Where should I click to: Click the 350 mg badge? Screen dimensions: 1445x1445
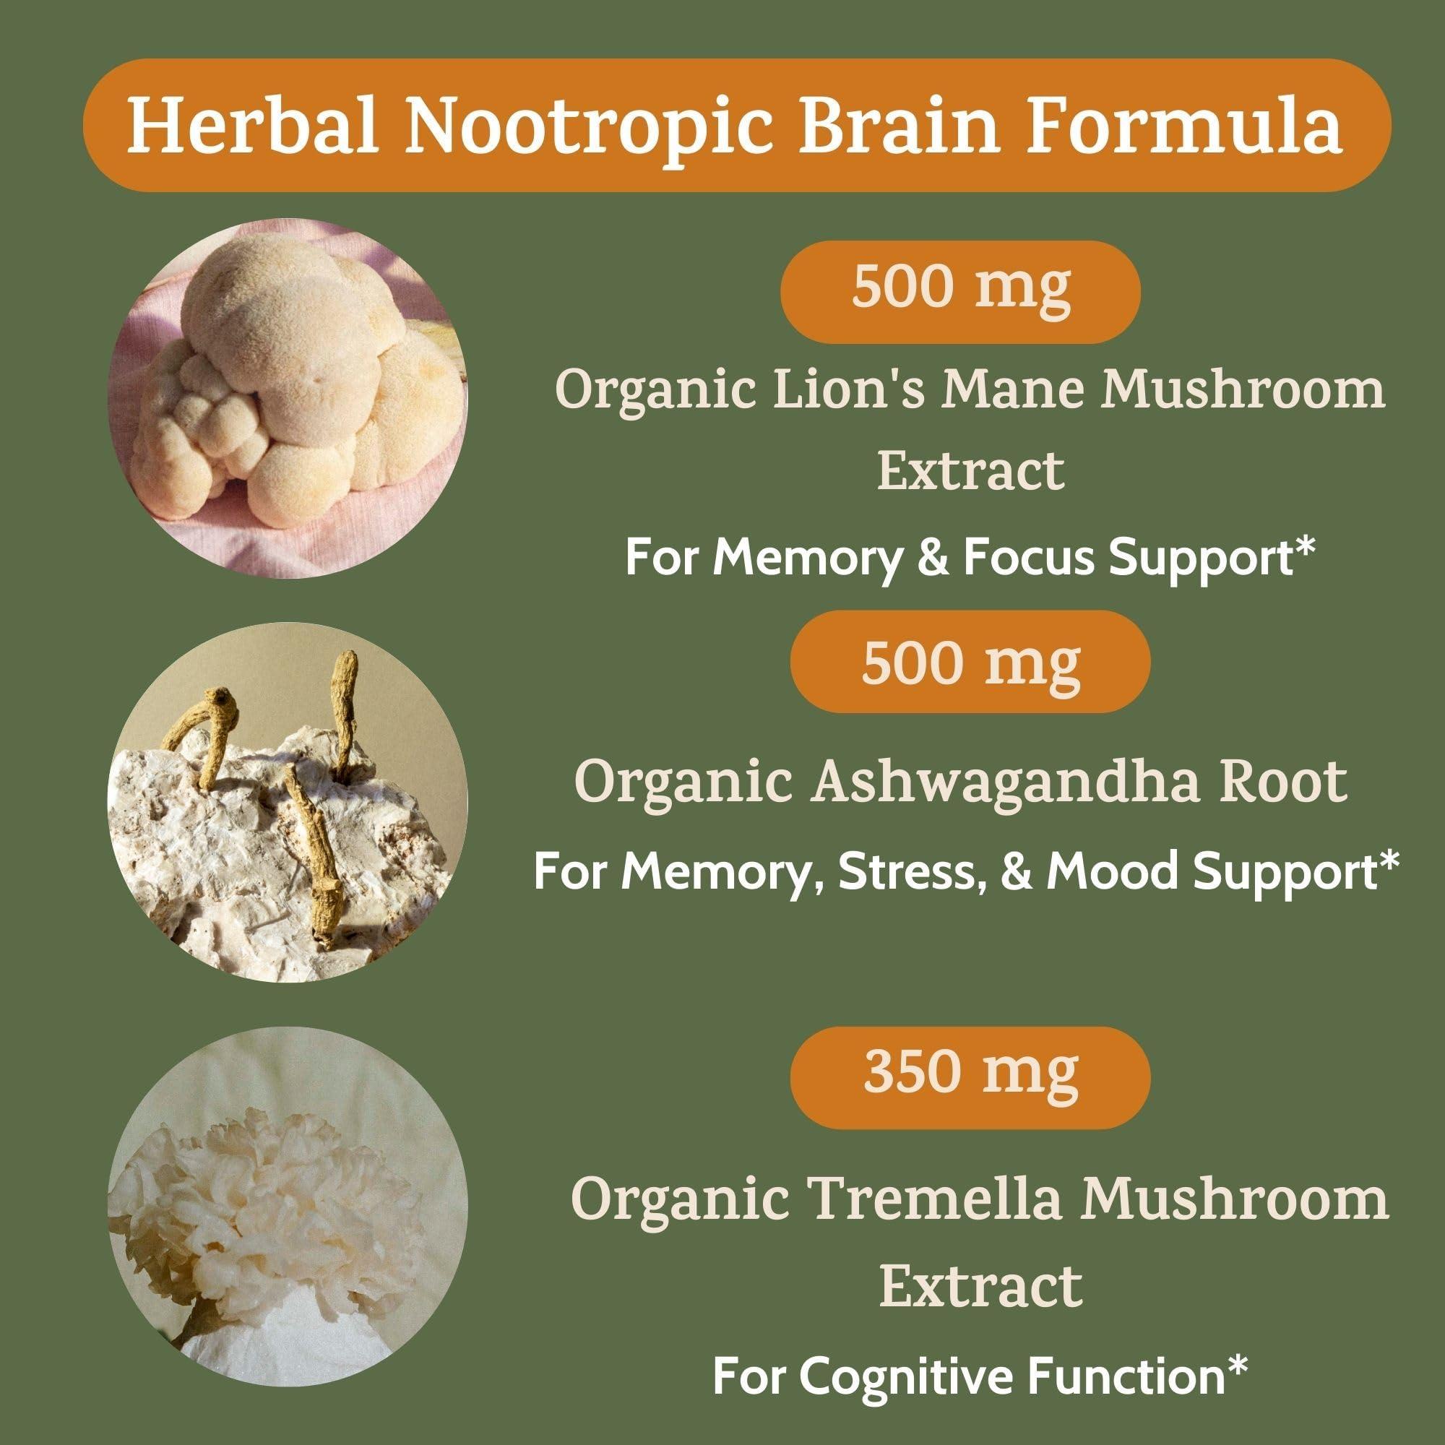click(970, 1074)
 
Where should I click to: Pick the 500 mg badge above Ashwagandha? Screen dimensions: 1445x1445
click(970, 661)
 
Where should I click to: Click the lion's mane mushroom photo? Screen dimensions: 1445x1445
click(288, 398)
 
